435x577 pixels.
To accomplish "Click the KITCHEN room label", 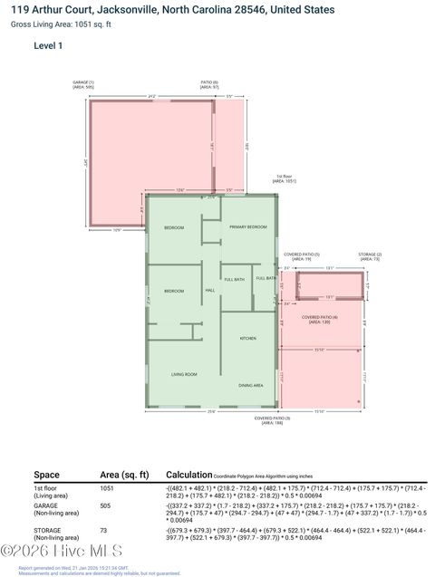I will pos(247,338).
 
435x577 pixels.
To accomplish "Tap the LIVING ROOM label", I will pos(184,373).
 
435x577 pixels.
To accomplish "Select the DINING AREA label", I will pos(251,386).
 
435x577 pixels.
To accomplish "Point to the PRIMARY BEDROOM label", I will pos(247,226).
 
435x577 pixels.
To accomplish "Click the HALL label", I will pos(209,290).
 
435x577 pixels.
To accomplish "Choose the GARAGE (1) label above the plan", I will pos(83,84).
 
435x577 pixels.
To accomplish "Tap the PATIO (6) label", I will pos(209,84).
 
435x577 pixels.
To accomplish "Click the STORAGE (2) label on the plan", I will pos(370,256).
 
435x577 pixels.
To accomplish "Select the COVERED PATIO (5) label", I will pos(302,256).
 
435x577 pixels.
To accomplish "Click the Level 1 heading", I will pos(48,45).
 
